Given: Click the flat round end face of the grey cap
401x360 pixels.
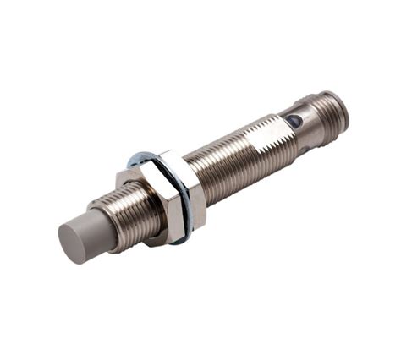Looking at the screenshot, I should pyautogui.click(x=74, y=243).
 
